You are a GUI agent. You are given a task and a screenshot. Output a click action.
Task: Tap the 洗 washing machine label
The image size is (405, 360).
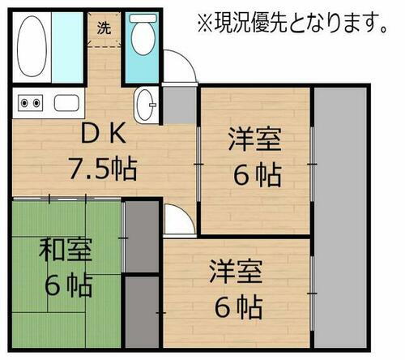[x=104, y=28]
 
